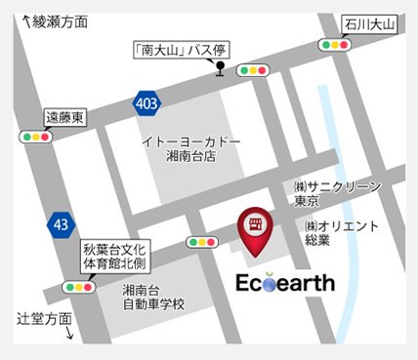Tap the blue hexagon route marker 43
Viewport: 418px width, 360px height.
click(61, 225)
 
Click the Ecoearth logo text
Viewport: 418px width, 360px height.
click(285, 284)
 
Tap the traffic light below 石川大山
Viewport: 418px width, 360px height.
click(334, 44)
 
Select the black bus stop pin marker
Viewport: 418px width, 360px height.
click(221, 68)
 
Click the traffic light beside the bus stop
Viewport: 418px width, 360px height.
click(254, 69)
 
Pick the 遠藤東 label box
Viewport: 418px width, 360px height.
click(65, 117)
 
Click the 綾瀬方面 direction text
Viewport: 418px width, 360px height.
click(57, 20)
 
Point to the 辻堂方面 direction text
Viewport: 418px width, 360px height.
click(45, 319)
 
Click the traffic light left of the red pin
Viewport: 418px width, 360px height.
click(203, 242)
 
